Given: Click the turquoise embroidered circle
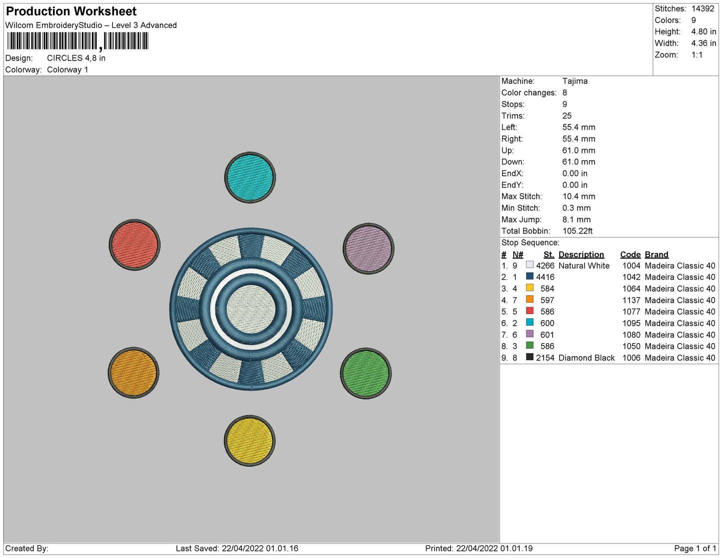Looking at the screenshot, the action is click(250, 177).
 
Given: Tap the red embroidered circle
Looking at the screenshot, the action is click(134, 245).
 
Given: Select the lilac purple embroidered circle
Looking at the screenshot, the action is click(368, 248).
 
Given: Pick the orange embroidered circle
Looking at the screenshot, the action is click(133, 373).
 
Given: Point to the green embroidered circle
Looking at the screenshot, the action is click(365, 373).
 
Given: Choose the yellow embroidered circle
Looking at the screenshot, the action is click(249, 441).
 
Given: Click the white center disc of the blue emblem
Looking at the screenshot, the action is click(251, 309).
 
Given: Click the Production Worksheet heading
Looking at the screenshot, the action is click(71, 11).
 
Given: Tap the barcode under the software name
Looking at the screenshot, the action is click(78, 41).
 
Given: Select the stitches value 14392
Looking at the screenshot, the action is click(703, 8).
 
